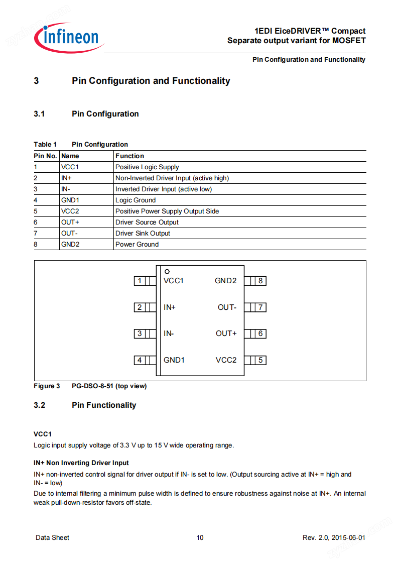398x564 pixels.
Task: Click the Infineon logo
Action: pyautogui.click(x=69, y=37)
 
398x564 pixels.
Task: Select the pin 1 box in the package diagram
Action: pyautogui.click(x=140, y=281)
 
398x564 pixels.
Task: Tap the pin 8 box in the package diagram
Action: pyautogui.click(x=260, y=281)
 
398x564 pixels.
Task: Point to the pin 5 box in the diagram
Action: pyautogui.click(x=260, y=360)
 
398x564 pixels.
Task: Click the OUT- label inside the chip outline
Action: pyautogui.click(x=227, y=307)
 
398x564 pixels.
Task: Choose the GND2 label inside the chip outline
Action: pyautogui.click(x=225, y=281)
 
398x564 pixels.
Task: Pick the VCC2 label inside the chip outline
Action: pyautogui.click(x=226, y=360)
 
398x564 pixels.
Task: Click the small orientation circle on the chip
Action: pyautogui.click(x=167, y=272)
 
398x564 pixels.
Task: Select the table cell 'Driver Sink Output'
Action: pyautogui.click(x=143, y=234)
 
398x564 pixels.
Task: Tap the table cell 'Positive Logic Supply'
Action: pyautogui.click(x=147, y=167)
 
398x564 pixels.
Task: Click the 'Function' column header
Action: pyautogui.click(x=129, y=156)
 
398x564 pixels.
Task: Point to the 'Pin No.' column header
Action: pyautogui.click(x=45, y=156)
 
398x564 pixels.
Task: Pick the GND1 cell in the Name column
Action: pyautogui.click(x=70, y=200)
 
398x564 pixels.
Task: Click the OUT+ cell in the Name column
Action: pyautogui.click(x=70, y=222)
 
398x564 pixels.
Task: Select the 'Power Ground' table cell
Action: pyautogui.click(x=137, y=245)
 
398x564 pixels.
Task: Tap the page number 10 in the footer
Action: pyautogui.click(x=200, y=538)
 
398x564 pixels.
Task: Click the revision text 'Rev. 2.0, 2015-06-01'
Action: pyautogui.click(x=333, y=538)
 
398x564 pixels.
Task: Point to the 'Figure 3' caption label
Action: pyautogui.click(x=47, y=386)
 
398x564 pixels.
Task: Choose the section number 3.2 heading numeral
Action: pyautogui.click(x=40, y=405)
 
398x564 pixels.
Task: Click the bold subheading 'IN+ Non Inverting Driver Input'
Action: pyautogui.click(x=81, y=463)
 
